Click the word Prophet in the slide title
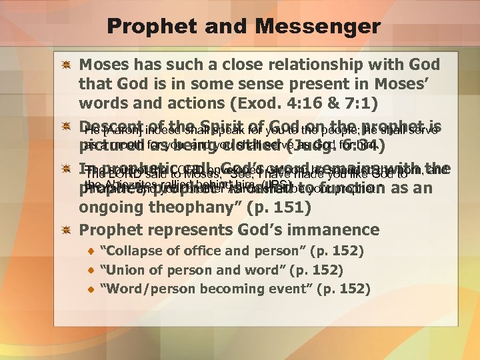pos(146,27)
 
